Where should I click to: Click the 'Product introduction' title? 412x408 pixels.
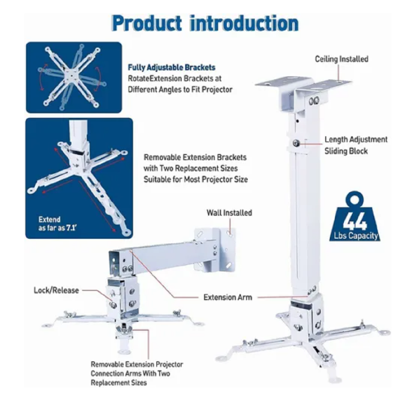pos(205,24)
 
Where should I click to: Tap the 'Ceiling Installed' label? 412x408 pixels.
pos(341,59)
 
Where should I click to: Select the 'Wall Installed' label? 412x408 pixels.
pos(229,213)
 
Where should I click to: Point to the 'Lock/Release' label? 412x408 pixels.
pos(56,290)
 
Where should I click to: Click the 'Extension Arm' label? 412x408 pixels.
pos(228,297)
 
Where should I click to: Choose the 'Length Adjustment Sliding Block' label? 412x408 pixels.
pos(356,145)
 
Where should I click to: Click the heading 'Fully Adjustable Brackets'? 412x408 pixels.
pos(171,68)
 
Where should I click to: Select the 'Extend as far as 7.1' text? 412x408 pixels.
pos(57,224)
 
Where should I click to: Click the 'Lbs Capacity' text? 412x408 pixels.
pos(356,236)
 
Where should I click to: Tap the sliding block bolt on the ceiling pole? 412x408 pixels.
pos(296,143)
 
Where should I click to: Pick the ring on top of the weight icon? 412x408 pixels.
pos(355,199)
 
